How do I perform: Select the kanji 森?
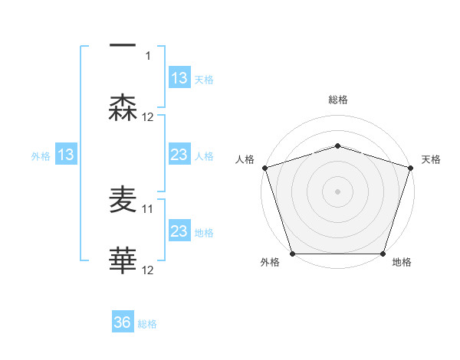(123, 108)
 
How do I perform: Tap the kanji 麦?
(123, 199)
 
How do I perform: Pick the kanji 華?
(123, 260)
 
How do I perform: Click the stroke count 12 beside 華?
(148, 270)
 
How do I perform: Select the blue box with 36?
(123, 323)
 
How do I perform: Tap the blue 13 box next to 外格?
(66, 155)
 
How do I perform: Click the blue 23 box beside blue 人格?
(179, 155)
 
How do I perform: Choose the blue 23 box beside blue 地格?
(179, 231)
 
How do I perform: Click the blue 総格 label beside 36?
(147, 324)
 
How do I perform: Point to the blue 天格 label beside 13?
(204, 79)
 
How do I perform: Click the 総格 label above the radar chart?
(337, 100)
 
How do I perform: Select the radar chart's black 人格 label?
(245, 159)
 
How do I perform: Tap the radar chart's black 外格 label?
(270, 263)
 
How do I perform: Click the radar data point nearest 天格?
(410, 167)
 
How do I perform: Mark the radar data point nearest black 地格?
(383, 254)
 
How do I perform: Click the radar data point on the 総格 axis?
(337, 146)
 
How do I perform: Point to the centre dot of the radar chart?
(337, 191)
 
